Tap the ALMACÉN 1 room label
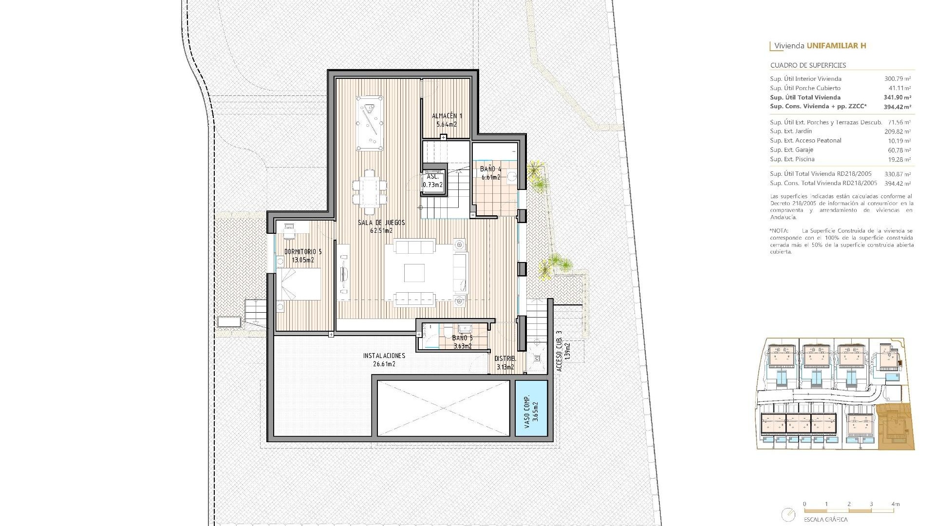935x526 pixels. [447, 116]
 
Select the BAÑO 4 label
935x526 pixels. [490, 169]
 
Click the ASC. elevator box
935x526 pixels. [433, 181]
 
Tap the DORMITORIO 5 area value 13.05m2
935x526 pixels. [303, 260]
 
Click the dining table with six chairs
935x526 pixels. [370, 192]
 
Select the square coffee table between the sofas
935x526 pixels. [414, 273]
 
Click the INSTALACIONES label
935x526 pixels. [384, 356]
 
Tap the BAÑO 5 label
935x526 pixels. [462, 338]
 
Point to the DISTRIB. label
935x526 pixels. [505, 359]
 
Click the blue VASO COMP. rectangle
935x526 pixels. [531, 408]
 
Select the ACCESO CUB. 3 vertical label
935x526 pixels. [560, 352]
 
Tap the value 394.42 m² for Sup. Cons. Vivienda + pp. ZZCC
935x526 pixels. [897, 107]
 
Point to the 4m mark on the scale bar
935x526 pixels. [895, 504]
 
